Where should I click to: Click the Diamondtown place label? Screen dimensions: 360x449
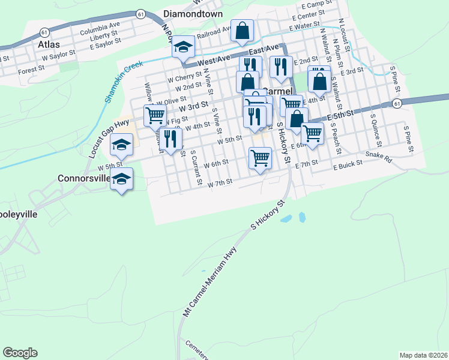193,14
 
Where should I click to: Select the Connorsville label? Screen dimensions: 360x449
84,178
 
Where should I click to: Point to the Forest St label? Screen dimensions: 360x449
31,69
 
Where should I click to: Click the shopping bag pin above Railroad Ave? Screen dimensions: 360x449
242,30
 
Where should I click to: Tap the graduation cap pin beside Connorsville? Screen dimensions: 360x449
122,179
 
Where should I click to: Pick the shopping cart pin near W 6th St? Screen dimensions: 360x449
260,158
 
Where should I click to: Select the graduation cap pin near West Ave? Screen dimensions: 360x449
182,47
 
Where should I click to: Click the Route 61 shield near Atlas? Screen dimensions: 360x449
44,32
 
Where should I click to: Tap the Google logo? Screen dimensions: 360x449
20,353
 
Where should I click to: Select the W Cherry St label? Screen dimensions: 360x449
182,79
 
